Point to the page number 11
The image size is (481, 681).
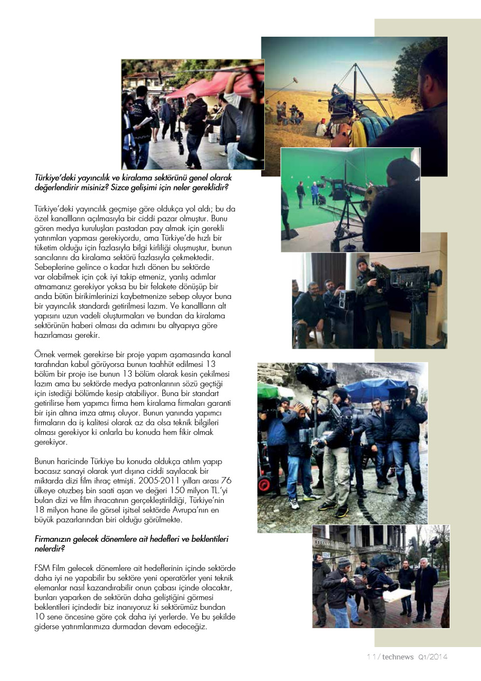pos(371,657)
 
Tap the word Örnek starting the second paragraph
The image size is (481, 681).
pos(45,354)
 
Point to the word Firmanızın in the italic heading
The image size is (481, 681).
pos(53,539)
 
